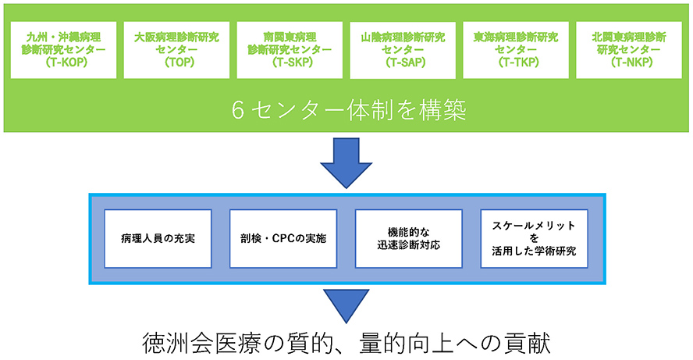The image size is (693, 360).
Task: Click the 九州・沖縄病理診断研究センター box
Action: tap(64, 50)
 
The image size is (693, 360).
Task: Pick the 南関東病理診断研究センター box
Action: tap(290, 50)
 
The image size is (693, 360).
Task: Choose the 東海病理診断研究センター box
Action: tap(516, 50)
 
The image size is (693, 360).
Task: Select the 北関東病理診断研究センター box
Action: tap(629, 50)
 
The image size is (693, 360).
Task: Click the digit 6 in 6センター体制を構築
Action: tap(238, 110)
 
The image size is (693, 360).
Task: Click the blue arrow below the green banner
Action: tap(346, 162)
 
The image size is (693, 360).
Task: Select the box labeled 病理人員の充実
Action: tap(158, 239)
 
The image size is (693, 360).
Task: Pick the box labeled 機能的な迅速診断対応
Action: tap(409, 239)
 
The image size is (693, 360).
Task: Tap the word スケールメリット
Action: tap(534, 226)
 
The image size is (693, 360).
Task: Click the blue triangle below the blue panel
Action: tap(346, 305)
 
